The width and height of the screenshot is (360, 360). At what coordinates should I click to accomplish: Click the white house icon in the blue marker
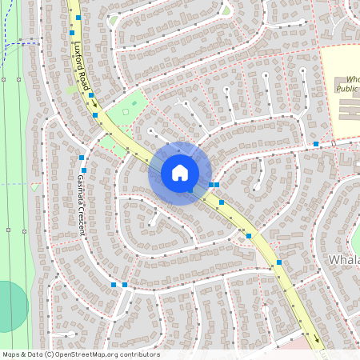coord(180,173)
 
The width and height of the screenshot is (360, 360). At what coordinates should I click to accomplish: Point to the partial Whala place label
coord(344,261)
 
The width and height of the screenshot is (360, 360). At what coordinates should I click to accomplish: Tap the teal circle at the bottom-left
coord(10,306)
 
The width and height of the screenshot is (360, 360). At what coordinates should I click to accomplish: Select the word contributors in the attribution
coord(141,354)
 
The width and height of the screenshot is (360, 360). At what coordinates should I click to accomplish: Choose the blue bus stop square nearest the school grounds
coord(317,144)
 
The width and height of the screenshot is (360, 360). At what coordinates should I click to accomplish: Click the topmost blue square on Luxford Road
coord(78,18)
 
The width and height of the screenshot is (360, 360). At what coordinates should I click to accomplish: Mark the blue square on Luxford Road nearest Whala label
coord(279,262)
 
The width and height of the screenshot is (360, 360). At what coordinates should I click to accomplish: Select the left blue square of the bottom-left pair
coord(114,284)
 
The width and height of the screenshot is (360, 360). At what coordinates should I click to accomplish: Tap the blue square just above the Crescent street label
coord(82,158)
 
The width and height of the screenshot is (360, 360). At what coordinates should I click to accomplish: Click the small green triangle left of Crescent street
coord(35,187)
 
